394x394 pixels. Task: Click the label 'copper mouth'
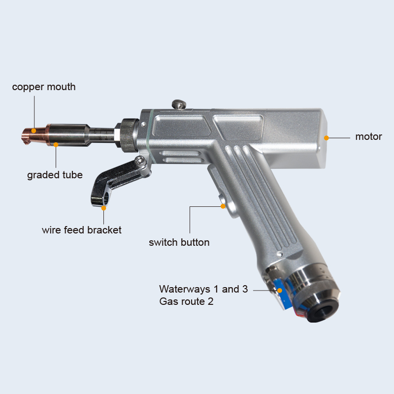pyautogui.click(x=44, y=87)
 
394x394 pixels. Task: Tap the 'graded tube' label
pyautogui.click(x=55, y=175)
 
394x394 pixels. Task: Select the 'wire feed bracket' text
pyautogui.click(x=82, y=230)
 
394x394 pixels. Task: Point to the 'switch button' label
pyautogui.click(x=179, y=242)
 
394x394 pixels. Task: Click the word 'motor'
pyautogui.click(x=368, y=137)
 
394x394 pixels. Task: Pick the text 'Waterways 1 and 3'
pyautogui.click(x=203, y=289)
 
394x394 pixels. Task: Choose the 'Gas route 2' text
pyautogui.click(x=186, y=301)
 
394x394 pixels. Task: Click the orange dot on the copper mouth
pyautogui.click(x=33, y=131)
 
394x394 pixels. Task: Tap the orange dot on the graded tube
pyautogui.click(x=56, y=145)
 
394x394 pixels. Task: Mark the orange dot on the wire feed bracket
pyautogui.click(x=103, y=208)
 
